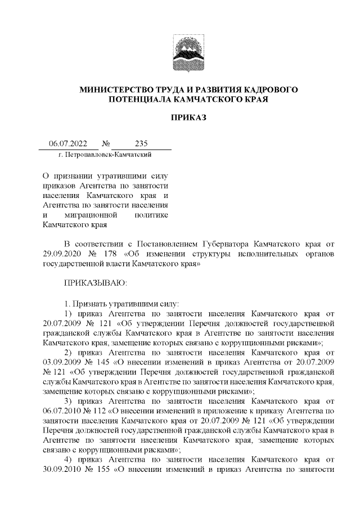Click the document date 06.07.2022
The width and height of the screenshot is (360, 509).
[x=65, y=143]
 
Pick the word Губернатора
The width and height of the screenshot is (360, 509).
[x=229, y=244]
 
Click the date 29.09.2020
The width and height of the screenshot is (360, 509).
[x=61, y=253]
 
